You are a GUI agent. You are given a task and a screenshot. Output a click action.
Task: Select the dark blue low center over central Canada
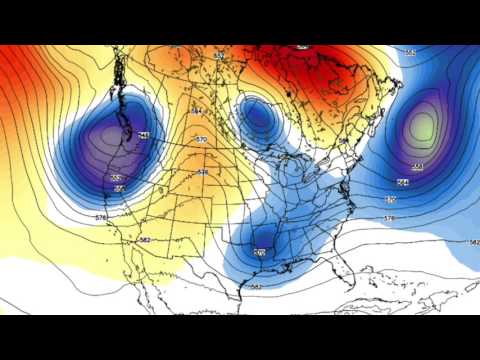pyautogui.click(x=258, y=118)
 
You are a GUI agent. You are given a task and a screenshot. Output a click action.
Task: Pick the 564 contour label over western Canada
pyautogui.click(x=196, y=110)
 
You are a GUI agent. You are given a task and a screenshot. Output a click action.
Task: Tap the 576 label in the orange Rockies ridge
pyautogui.click(x=202, y=172)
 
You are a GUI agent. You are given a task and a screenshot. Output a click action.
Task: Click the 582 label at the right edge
pyautogui.click(x=473, y=242)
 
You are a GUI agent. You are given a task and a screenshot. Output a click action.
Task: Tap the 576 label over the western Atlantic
pyautogui.click(x=389, y=217)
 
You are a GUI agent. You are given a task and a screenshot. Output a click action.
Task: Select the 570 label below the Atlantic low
pyautogui.click(x=390, y=199)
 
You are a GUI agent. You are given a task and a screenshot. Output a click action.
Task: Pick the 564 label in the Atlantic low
pyautogui.click(x=402, y=182)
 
